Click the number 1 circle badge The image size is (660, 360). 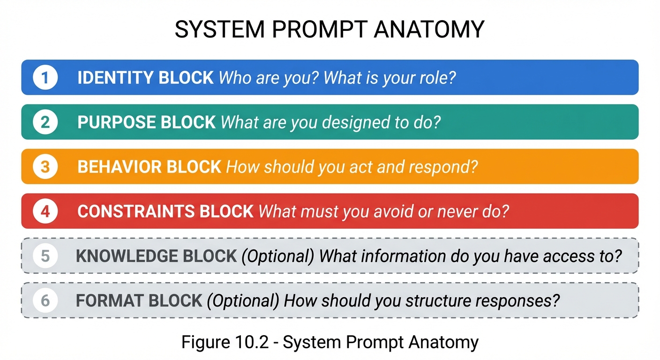(x=45, y=77)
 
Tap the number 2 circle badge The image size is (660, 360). (x=45, y=122)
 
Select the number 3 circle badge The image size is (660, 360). (x=45, y=166)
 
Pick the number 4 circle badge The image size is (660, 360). (x=45, y=211)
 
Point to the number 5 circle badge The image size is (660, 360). (x=45, y=256)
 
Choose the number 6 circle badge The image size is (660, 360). (x=45, y=300)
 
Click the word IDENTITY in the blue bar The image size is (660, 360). (x=115, y=77)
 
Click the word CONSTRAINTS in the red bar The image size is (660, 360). (x=136, y=211)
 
